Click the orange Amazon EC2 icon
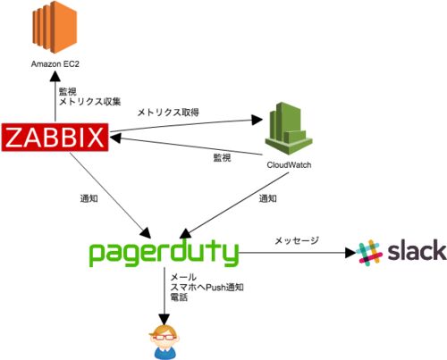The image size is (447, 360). (55, 27)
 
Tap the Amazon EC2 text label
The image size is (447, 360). (55, 64)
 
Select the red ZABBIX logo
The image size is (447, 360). (55, 137)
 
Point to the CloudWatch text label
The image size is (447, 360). (289, 165)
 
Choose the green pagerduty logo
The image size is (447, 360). (164, 253)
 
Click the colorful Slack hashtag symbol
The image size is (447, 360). (369, 253)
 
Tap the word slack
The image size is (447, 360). (417, 250)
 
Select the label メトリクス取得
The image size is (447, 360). (168, 113)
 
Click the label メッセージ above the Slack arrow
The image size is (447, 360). (297, 240)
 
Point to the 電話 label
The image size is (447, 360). (179, 297)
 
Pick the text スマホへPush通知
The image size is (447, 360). (207, 288)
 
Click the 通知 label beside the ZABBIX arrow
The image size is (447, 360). (89, 198)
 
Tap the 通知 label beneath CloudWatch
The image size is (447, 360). (267, 198)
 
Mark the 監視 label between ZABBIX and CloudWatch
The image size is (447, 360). (222, 157)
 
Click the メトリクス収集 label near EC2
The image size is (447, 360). (89, 102)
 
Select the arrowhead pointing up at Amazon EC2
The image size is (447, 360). (55, 77)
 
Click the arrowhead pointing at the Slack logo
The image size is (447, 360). (350, 253)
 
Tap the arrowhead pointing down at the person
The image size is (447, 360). (164, 320)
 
